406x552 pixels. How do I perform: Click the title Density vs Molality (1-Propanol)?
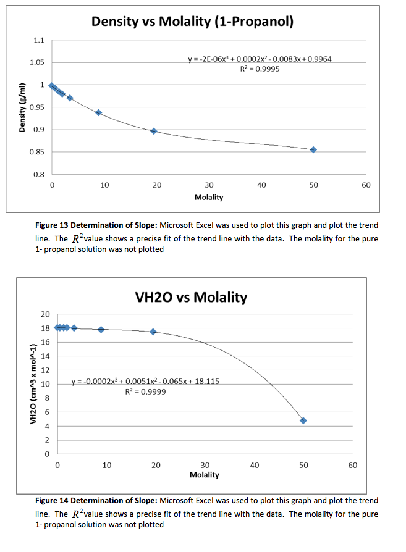tap(192, 22)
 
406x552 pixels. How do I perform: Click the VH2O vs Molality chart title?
tap(191, 297)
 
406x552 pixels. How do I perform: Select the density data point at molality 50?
tap(313, 149)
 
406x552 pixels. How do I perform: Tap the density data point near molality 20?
tap(154, 131)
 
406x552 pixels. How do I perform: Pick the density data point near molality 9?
tap(99, 112)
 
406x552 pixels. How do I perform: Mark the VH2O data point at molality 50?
tap(303, 420)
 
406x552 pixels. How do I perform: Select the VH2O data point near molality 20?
tap(153, 332)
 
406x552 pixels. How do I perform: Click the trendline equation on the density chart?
tap(260, 59)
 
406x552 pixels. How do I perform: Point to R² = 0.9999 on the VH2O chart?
tap(145, 391)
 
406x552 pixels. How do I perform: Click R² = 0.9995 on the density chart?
tap(260, 69)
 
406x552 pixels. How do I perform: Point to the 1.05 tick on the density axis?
tap(37, 62)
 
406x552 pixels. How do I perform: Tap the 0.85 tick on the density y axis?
tap(37, 152)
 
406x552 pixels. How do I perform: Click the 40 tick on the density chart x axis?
tap(261, 185)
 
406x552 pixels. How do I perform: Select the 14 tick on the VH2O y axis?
tap(46, 356)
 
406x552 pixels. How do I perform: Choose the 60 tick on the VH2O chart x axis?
tap(352, 466)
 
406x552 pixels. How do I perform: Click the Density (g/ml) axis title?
tap(22, 107)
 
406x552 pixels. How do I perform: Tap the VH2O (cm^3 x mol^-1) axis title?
tap(33, 383)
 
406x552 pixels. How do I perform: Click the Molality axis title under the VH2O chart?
tap(205, 475)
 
